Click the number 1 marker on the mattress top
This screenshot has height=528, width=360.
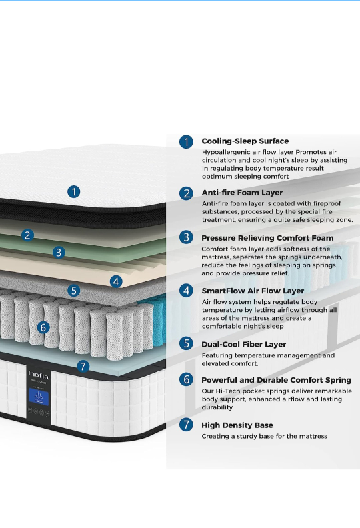[x=74, y=192]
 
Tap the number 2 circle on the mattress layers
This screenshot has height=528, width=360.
[x=27, y=235]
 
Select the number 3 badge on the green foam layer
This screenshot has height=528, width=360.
[x=59, y=252]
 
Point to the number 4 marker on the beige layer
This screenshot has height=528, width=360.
[x=116, y=281]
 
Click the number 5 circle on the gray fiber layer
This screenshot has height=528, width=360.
[x=74, y=290]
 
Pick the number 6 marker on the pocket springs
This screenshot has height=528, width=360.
[x=43, y=327]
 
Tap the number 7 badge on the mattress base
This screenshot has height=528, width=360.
[x=83, y=366]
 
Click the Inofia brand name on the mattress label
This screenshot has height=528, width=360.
[x=39, y=375]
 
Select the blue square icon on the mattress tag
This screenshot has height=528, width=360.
[x=39, y=397]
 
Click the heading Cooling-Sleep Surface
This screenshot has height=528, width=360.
[x=245, y=141]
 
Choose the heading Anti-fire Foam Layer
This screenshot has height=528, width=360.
[x=242, y=193]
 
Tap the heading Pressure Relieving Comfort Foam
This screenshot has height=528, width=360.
[x=267, y=238]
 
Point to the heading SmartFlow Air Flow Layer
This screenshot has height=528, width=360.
[x=253, y=291]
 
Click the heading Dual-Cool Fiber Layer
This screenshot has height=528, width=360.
[x=244, y=345]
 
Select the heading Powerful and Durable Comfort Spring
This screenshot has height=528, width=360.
[x=276, y=380]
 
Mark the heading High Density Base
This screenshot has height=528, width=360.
[x=237, y=425]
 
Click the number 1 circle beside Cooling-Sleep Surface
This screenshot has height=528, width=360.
[x=186, y=142]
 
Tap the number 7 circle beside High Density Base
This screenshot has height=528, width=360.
[x=186, y=425]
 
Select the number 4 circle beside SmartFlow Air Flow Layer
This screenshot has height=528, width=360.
[x=186, y=291]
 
